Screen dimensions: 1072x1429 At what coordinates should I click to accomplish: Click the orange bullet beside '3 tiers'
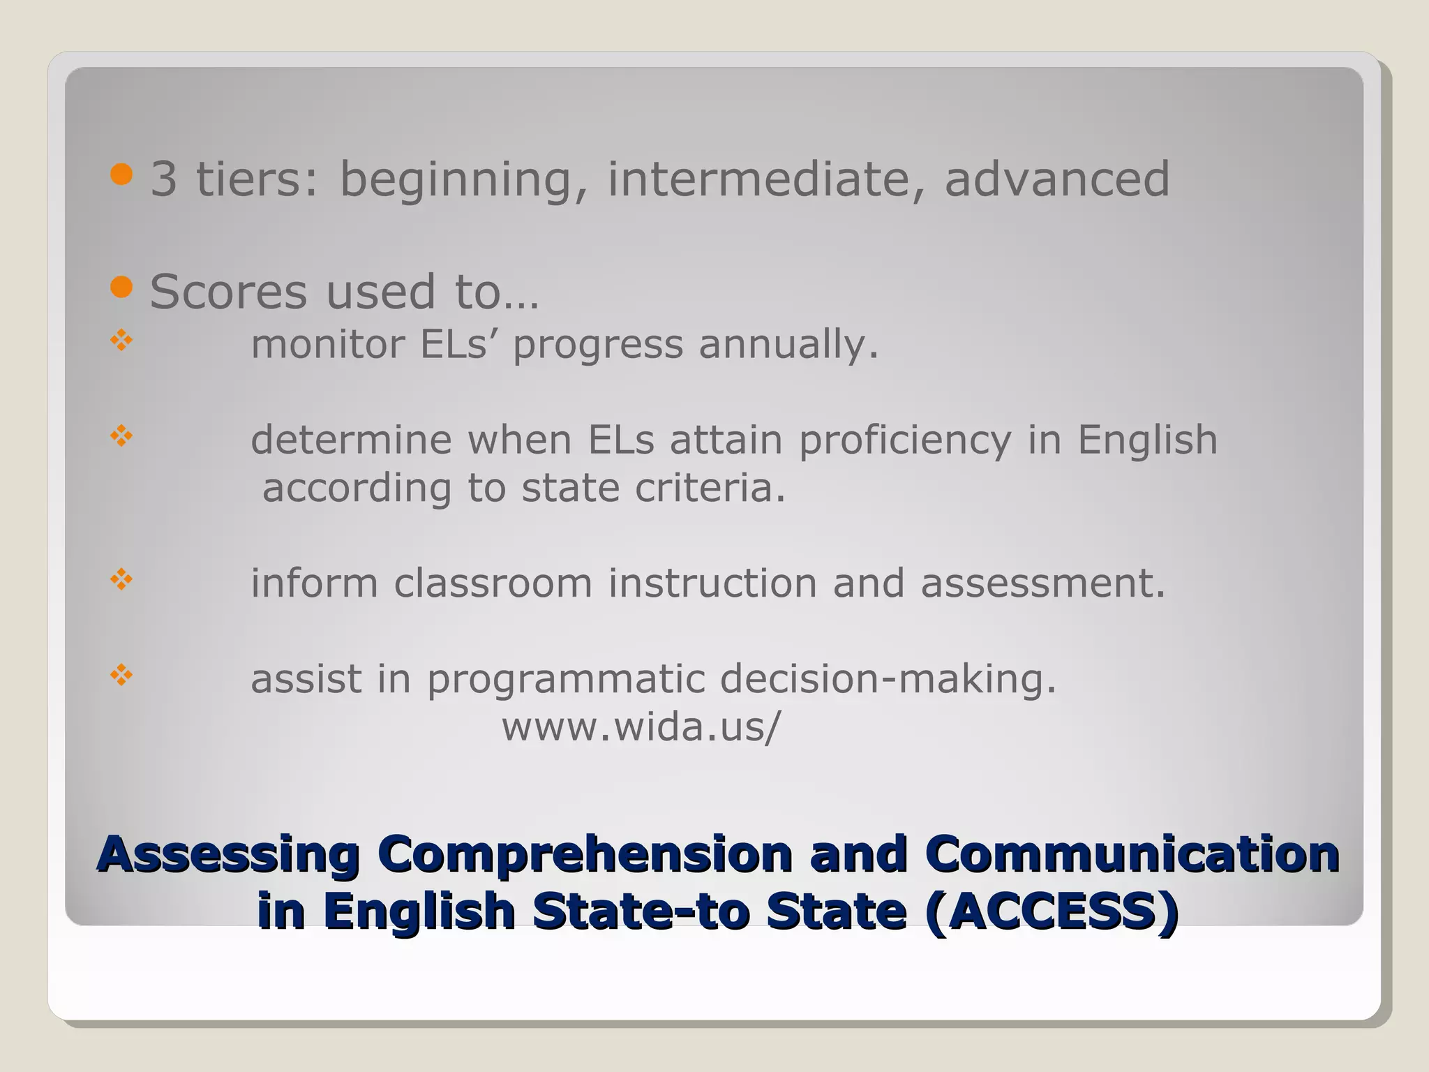pyautogui.click(x=121, y=174)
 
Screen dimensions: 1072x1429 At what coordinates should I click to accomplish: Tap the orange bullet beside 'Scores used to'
pyautogui.click(x=121, y=287)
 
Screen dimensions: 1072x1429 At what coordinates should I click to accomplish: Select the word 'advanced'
pyautogui.click(x=1056, y=179)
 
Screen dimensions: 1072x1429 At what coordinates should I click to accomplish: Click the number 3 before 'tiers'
pyautogui.click(x=164, y=179)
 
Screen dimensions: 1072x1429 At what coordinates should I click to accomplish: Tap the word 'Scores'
pyautogui.click(x=228, y=292)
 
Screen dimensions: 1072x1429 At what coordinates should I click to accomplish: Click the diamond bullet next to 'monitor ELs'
pyautogui.click(x=121, y=341)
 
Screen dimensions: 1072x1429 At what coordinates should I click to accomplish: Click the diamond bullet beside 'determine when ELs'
pyautogui.click(x=121, y=437)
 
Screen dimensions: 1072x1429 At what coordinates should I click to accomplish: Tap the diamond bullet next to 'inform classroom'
pyautogui.click(x=121, y=579)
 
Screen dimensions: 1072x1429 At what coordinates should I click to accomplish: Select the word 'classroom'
pyautogui.click(x=493, y=583)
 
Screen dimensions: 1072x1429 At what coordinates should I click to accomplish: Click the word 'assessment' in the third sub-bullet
pyautogui.click(x=1042, y=583)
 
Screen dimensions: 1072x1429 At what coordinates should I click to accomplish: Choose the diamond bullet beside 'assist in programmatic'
pyautogui.click(x=121, y=675)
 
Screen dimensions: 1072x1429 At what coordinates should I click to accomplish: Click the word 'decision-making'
pyautogui.click(x=888, y=679)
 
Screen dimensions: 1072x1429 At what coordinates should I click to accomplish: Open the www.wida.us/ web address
pyautogui.click(x=641, y=727)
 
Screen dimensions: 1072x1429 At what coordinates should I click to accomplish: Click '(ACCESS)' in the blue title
pyautogui.click(x=1052, y=911)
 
